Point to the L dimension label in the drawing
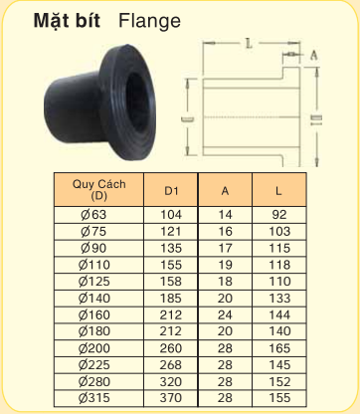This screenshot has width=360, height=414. click(x=245, y=44)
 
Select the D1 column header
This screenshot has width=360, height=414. click(x=172, y=189)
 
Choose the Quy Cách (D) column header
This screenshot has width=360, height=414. click(x=95, y=189)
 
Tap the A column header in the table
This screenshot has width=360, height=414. click(x=225, y=189)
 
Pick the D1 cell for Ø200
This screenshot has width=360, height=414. click(x=172, y=348)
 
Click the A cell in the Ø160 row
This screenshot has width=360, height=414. click(x=225, y=314)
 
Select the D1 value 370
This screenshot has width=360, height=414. click(x=172, y=399)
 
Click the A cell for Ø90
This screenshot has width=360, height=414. click(x=225, y=247)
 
